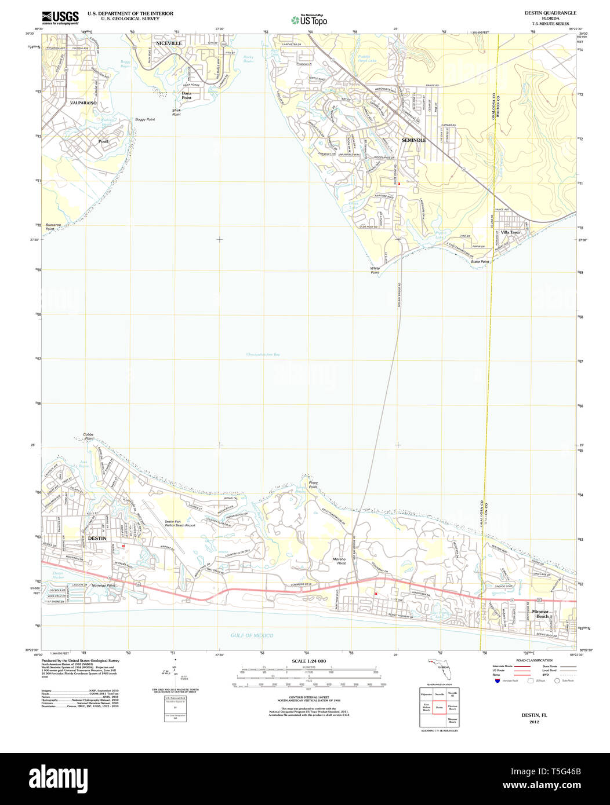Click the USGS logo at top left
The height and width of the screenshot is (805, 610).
coord(60,17)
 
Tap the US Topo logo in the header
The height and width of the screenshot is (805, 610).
coord(309,20)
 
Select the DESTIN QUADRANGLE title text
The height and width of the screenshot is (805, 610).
coord(550,13)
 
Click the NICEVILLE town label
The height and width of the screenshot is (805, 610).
coord(169,43)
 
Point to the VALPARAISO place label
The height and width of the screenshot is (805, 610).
coord(83,103)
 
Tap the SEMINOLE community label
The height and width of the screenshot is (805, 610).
coord(413,140)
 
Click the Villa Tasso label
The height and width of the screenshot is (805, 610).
coord(510,232)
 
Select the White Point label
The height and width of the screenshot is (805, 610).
coord(375,270)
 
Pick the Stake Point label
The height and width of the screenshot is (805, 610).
coord(480,262)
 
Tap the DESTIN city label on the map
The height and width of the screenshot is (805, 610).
coord(97,539)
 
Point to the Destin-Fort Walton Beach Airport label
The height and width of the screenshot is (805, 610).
coord(180,524)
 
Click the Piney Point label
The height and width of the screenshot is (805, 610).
coord(313,485)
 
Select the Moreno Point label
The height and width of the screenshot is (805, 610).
coord(339,561)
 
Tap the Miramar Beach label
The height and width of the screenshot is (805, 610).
coord(542,614)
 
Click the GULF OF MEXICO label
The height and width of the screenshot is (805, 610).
coord(252,635)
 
